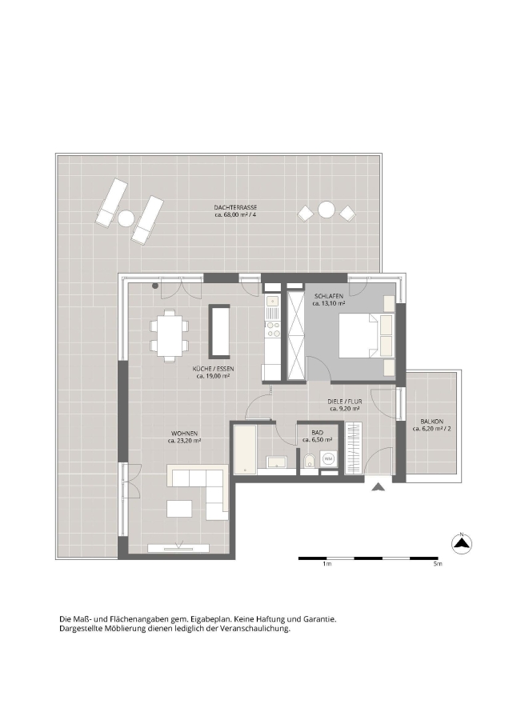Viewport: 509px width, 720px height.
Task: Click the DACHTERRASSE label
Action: pos(235,208)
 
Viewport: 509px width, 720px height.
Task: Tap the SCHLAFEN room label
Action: pos(328,297)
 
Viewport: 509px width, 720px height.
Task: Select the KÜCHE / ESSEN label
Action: pos(213,369)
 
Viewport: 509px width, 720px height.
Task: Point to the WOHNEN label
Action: pos(184,433)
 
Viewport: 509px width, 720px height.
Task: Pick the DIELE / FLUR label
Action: pos(345,402)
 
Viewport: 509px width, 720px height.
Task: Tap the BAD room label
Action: pos(317,433)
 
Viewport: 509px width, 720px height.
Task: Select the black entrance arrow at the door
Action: pos(379,488)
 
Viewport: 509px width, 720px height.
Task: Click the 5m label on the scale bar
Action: pos(437,564)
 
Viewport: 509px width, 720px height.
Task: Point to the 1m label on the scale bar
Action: pos(327,564)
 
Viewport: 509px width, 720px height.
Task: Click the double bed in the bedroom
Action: pos(366,336)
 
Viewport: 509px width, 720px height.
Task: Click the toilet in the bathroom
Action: pos(309,461)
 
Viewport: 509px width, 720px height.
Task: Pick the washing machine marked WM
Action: pos(328,458)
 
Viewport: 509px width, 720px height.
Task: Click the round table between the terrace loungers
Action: pos(126,217)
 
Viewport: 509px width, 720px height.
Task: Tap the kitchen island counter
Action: pos(219,331)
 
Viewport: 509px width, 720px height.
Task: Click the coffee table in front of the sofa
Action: pos(179,509)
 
